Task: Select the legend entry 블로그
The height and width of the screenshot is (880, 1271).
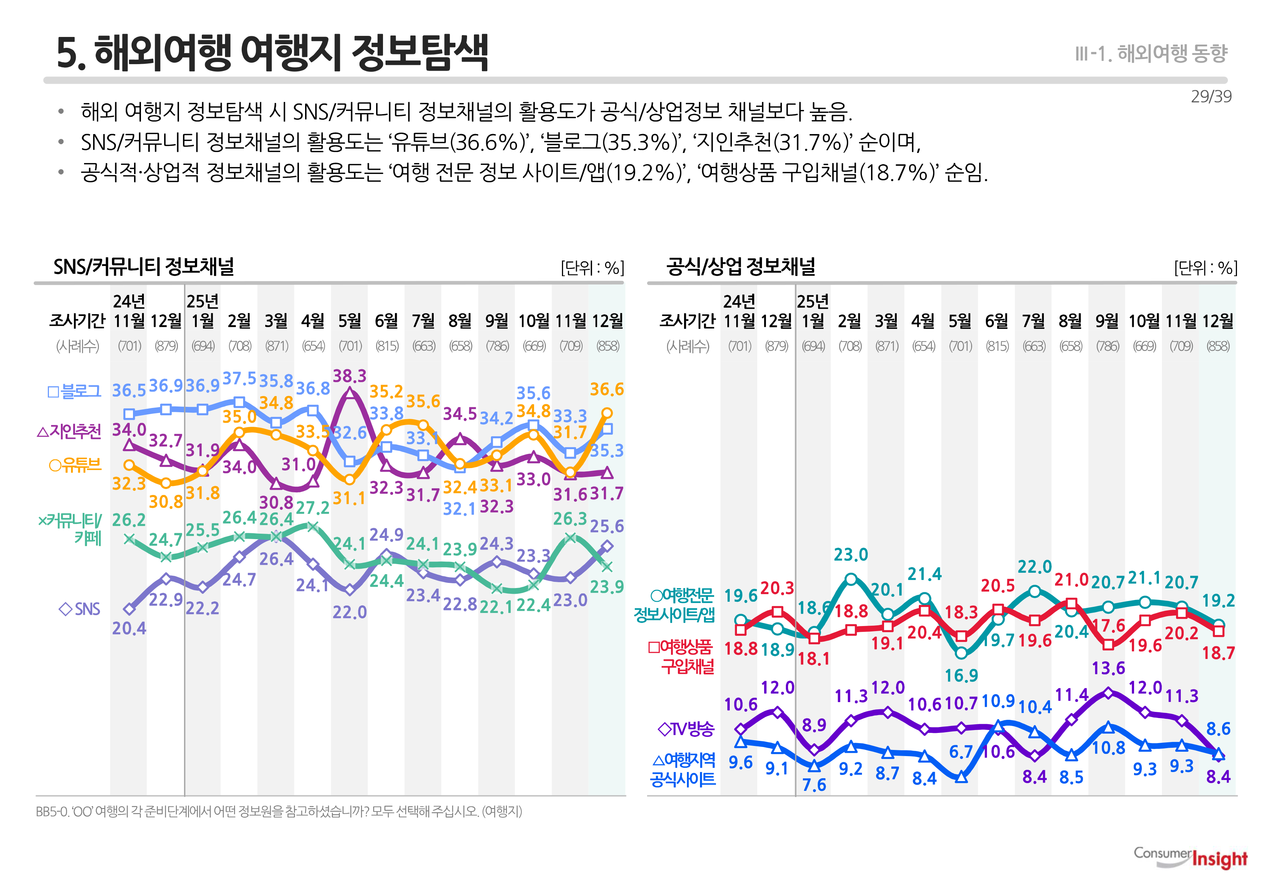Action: tap(74, 392)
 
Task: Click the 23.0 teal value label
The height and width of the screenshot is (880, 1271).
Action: tap(850, 555)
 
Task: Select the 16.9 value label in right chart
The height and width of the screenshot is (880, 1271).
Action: tap(961, 675)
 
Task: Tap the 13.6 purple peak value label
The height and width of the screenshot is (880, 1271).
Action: tap(1108, 668)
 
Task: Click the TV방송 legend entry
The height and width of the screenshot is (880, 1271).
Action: tap(686, 729)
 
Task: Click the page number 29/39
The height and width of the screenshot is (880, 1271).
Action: tap(1211, 96)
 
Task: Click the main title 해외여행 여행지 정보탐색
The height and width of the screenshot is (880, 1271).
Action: tap(272, 53)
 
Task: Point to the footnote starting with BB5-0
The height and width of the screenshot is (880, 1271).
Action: tap(279, 812)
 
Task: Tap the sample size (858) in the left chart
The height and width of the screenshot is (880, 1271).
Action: tap(608, 346)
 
